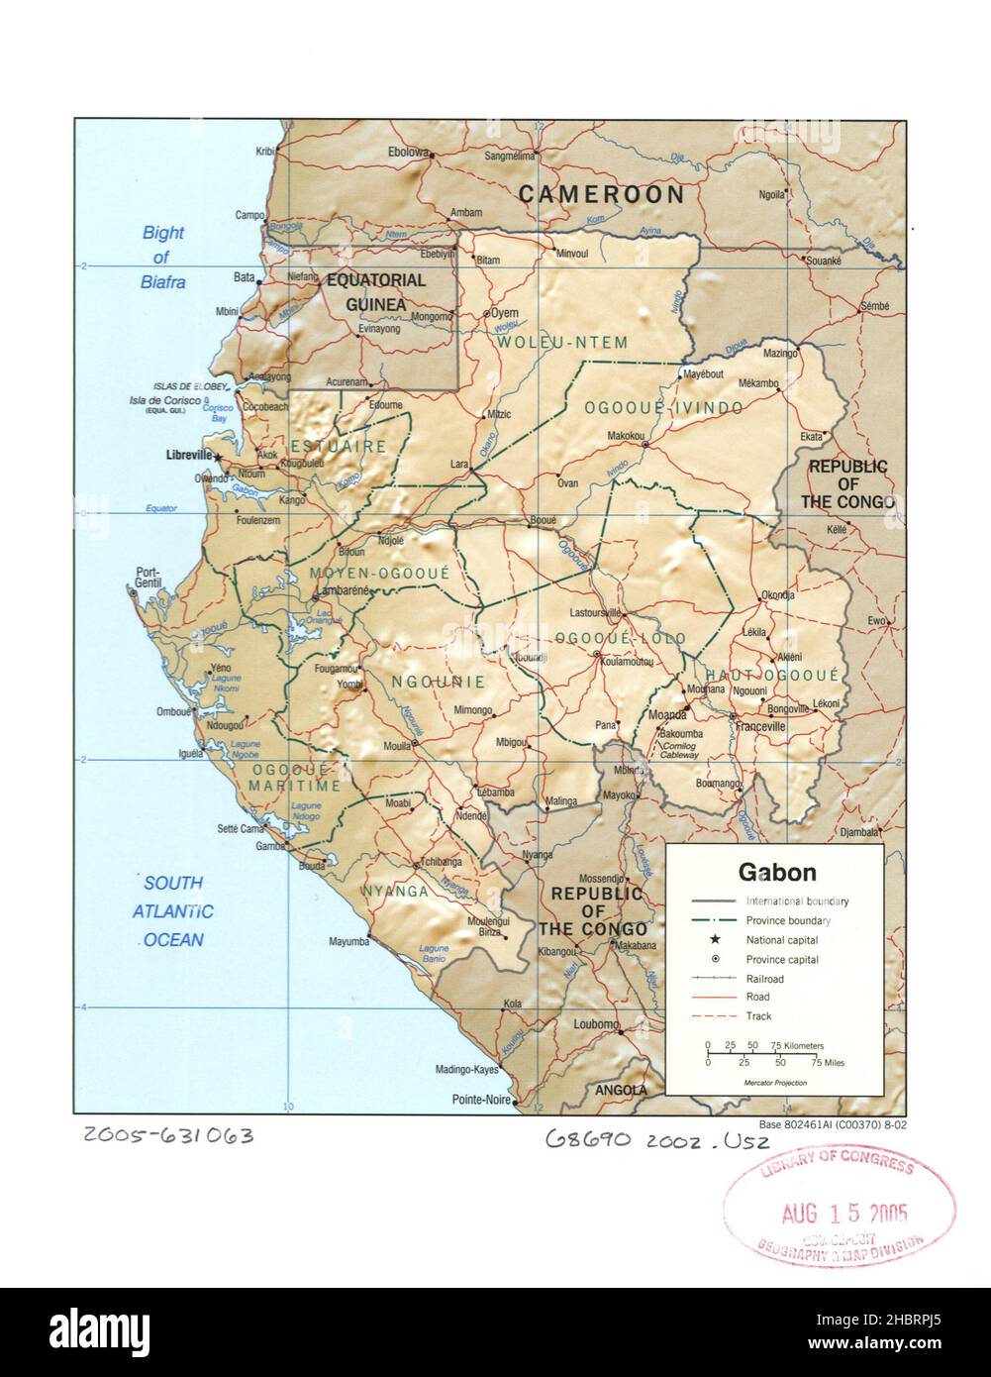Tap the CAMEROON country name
point(601,194)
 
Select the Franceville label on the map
point(759,726)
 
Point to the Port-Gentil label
point(148,578)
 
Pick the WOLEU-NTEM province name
point(562,343)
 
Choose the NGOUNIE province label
point(438,682)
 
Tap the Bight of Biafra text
point(163,258)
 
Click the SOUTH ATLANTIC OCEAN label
point(172,911)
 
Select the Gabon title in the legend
point(777,873)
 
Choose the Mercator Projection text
point(775,1083)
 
